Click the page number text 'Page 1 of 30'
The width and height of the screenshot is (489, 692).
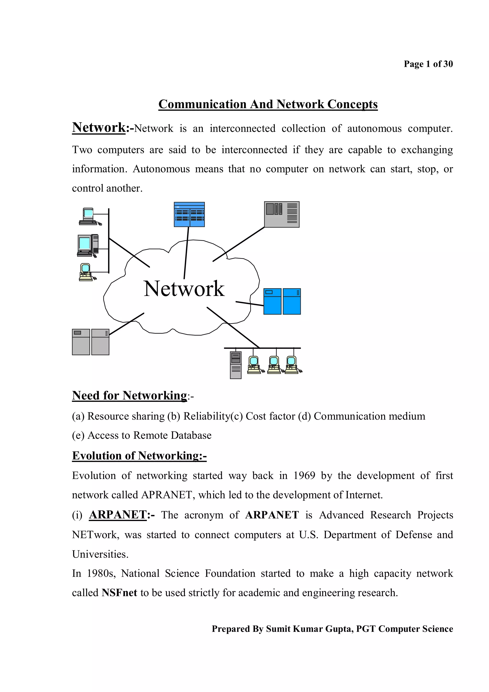(428, 64)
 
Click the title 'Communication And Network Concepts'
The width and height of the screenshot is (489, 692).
(268, 104)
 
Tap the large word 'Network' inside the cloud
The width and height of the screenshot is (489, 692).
(184, 289)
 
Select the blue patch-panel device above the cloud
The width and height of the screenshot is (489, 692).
(189, 214)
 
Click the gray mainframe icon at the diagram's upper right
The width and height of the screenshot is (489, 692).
(282, 214)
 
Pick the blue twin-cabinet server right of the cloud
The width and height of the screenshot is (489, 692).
(282, 301)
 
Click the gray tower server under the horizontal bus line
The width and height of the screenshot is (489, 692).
(236, 365)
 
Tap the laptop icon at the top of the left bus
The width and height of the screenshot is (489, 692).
(88, 216)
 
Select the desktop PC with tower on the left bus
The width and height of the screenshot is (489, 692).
(88, 245)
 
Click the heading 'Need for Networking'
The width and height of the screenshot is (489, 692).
(130, 395)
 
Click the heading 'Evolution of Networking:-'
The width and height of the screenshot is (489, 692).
(139, 455)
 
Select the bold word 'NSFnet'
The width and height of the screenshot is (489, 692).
(119, 592)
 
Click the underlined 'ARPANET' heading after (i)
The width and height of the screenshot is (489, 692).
(118, 515)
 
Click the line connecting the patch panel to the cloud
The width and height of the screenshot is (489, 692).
(186, 253)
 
